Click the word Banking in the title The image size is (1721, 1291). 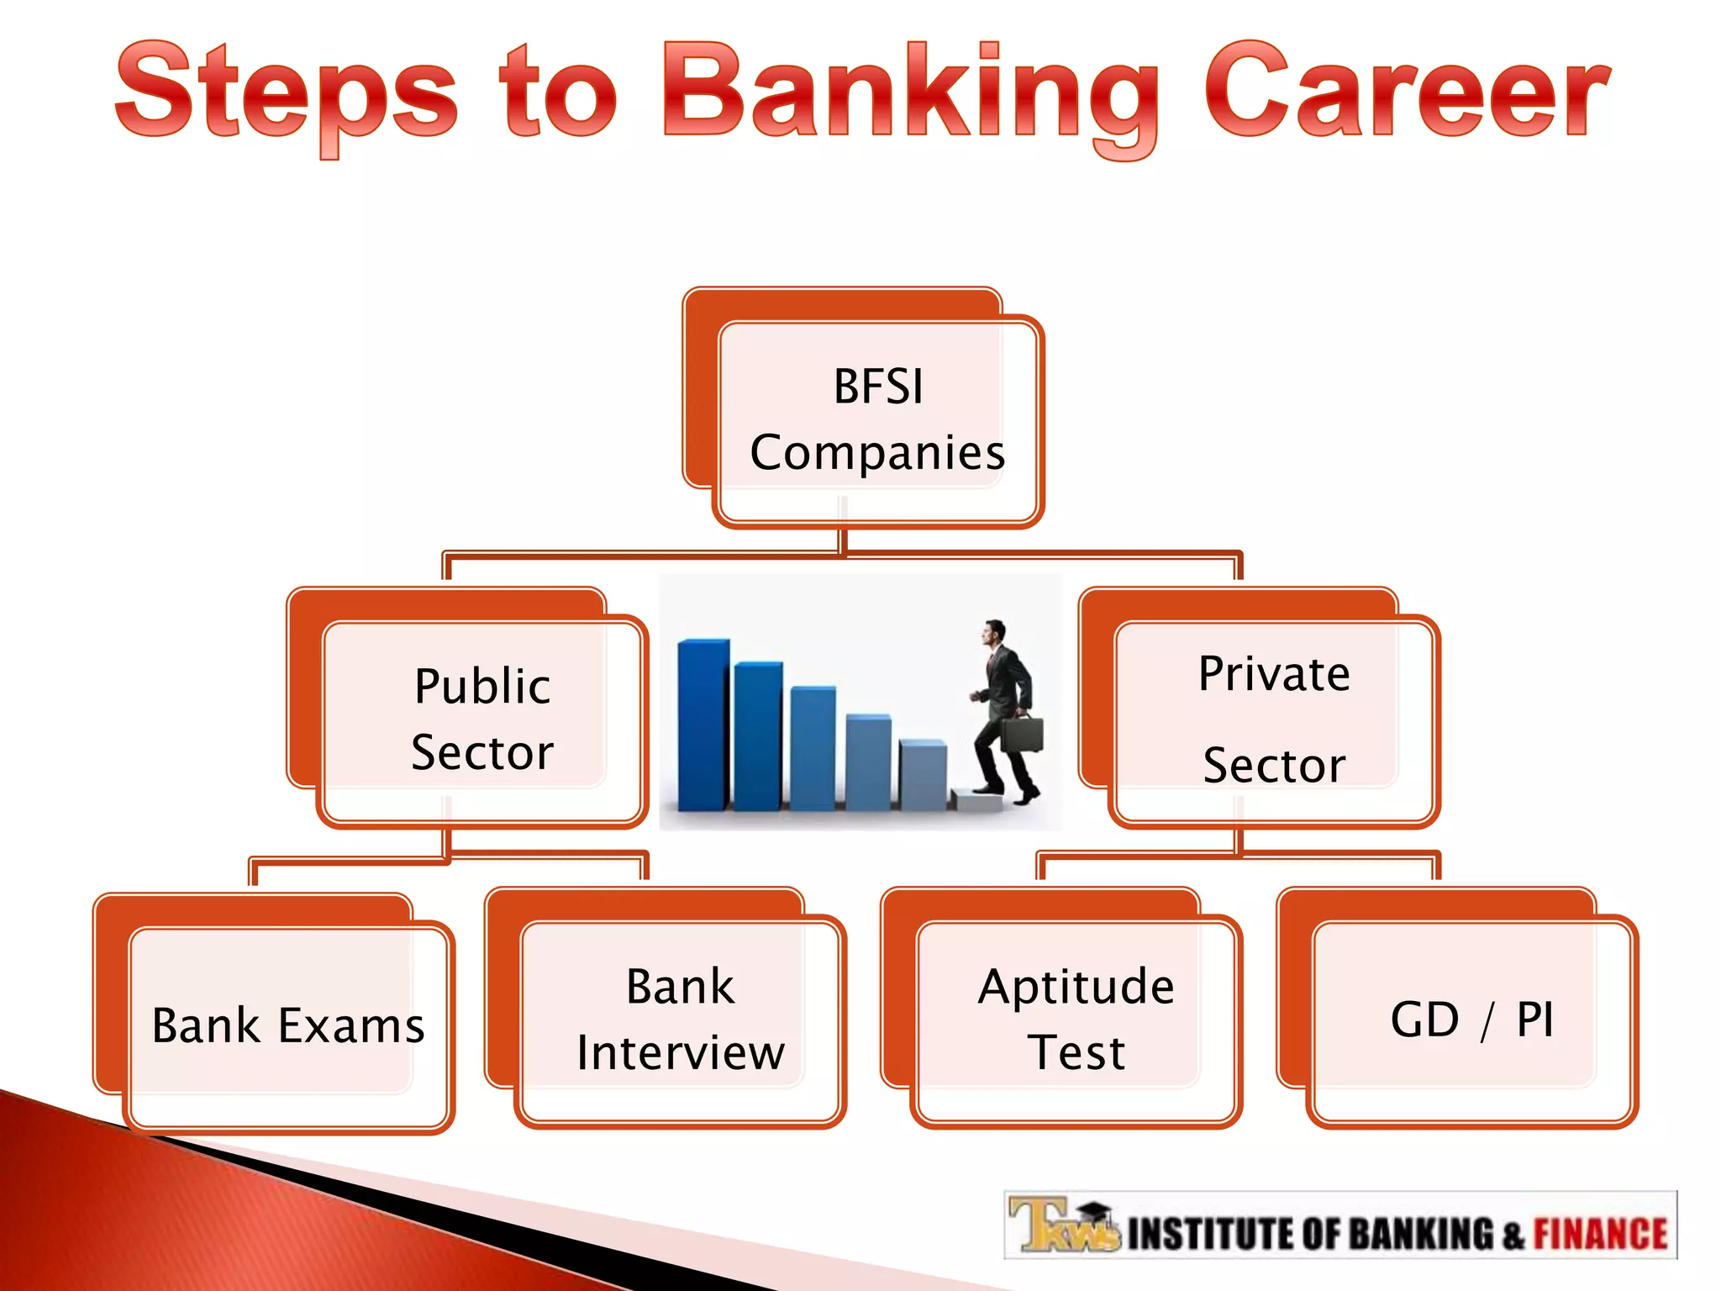tap(912, 92)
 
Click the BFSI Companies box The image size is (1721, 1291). tap(877, 420)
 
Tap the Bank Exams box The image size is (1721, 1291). tap(288, 1025)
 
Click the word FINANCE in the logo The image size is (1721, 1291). tap(1600, 1234)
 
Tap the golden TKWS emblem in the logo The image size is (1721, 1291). tap(1060, 1225)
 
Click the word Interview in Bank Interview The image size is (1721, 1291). tap(680, 1053)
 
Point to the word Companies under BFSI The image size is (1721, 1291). tap(877, 453)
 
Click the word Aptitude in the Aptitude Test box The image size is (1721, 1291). tap(1076, 987)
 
